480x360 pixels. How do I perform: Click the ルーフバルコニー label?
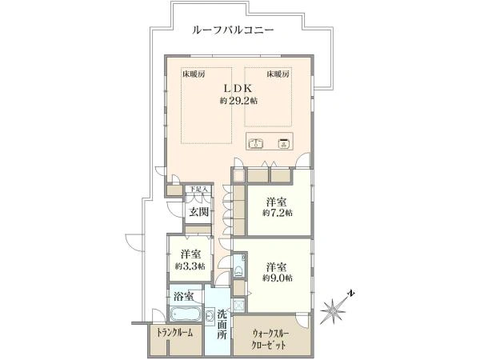234,30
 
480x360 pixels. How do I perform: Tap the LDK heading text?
238,87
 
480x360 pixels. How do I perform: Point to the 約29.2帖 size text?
238,101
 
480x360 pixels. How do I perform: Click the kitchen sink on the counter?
258,145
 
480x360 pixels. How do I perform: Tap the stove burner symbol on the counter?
283,145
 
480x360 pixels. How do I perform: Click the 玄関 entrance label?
198,212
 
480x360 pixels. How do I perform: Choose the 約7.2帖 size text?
278,214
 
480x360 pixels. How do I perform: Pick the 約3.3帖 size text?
190,266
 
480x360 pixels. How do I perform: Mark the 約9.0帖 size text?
277,278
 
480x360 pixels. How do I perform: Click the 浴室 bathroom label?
183,296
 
